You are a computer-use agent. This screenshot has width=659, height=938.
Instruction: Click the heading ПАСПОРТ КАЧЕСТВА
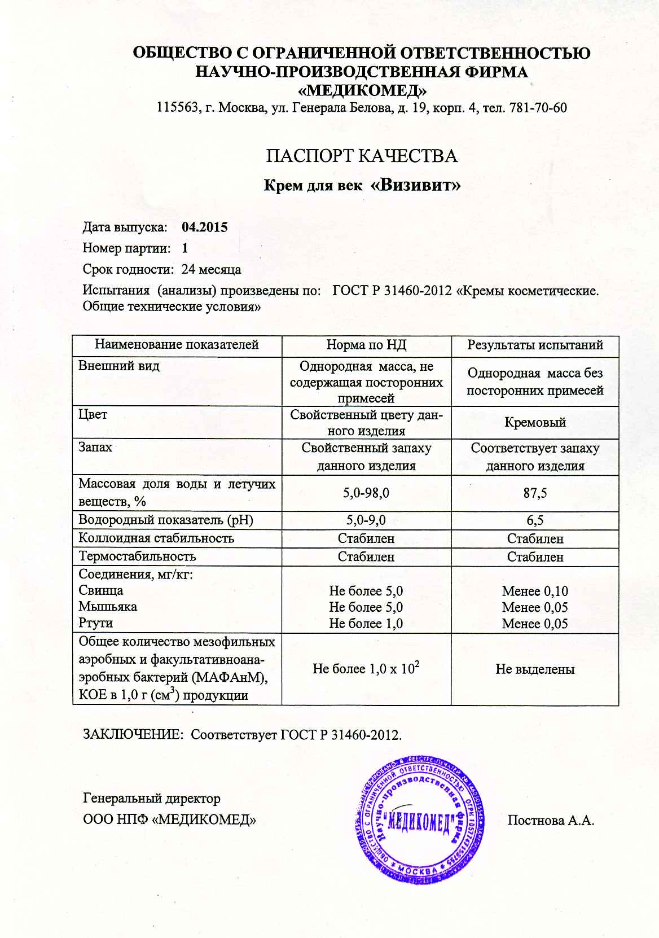[361, 156]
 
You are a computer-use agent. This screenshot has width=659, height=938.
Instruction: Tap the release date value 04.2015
[205, 227]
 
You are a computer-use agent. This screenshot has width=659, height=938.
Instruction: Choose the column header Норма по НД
[366, 345]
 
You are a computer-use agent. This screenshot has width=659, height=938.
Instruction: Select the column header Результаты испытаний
[535, 345]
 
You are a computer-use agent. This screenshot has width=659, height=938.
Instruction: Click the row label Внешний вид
[119, 366]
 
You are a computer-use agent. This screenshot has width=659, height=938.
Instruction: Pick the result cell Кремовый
[535, 423]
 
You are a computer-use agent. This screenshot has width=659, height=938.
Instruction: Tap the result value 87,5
[535, 493]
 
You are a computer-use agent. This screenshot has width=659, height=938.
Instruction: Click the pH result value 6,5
[535, 520]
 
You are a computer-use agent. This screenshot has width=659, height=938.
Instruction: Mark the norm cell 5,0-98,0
[366, 493]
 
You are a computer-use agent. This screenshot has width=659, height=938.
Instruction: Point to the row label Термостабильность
[137, 556]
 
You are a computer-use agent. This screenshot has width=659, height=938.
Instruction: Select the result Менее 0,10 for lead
[535, 591]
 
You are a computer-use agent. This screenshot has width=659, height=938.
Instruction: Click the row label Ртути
[96, 623]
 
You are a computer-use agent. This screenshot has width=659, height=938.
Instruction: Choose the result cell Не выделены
[535, 669]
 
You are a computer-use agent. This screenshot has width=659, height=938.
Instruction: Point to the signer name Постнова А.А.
[551, 821]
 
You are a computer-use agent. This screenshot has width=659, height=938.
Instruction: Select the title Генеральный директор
[152, 799]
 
